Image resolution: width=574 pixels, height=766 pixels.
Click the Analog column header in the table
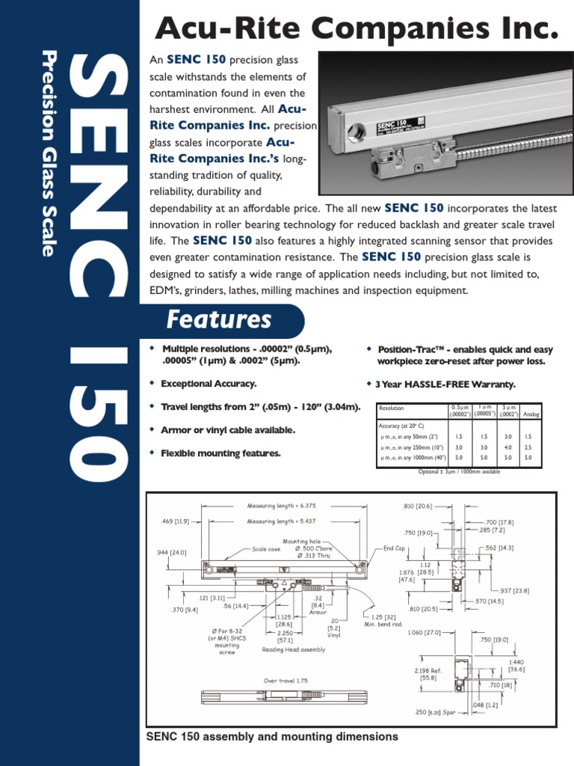[x=531, y=412]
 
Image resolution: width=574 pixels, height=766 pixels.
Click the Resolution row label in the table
[x=392, y=408]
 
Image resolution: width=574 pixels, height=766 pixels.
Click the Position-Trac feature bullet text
[x=464, y=355]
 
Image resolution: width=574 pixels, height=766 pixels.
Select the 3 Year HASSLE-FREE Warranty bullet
[x=445, y=384]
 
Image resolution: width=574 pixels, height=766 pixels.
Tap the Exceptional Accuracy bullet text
[x=209, y=384]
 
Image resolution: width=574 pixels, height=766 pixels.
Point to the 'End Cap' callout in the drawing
[x=394, y=548]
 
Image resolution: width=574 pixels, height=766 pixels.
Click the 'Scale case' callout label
[x=266, y=548]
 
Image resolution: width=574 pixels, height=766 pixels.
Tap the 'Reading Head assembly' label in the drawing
[x=293, y=650]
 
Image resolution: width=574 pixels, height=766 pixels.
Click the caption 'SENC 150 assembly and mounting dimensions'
[x=273, y=737]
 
